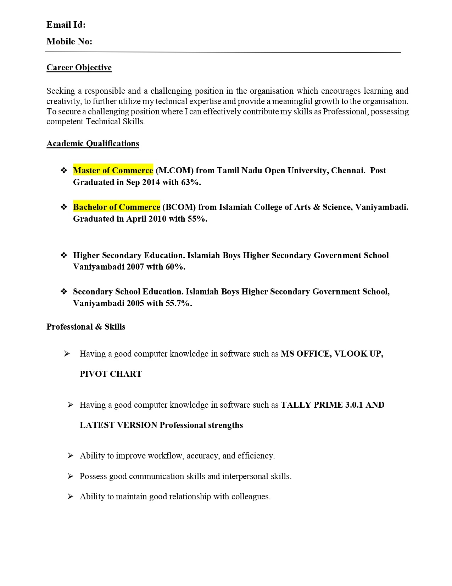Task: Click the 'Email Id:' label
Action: point(66,25)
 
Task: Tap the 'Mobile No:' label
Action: point(69,42)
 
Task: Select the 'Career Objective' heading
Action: point(79,67)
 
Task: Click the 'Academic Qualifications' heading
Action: point(93,143)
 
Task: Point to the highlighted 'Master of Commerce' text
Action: point(113,170)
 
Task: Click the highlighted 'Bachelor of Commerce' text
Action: point(117,207)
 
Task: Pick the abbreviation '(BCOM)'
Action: point(179,207)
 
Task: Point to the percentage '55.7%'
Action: point(178,303)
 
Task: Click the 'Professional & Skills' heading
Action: point(86,327)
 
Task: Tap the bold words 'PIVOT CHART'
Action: point(111,374)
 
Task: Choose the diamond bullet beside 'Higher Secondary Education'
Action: point(64,255)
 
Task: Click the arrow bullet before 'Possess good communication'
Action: point(70,476)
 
